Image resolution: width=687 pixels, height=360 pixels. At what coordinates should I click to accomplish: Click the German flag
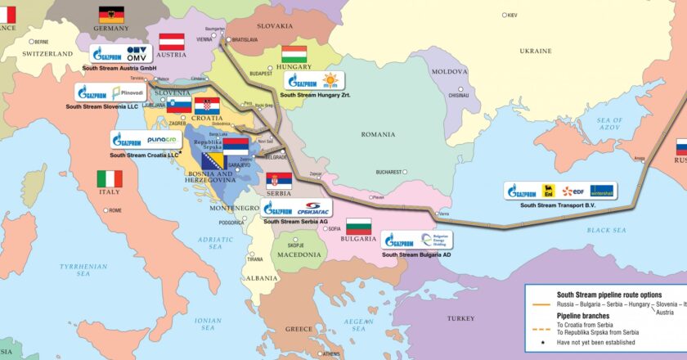tap(112, 14)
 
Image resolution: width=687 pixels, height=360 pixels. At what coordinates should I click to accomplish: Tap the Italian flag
tap(110, 178)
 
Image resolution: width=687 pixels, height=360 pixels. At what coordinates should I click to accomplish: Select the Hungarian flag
tap(294, 54)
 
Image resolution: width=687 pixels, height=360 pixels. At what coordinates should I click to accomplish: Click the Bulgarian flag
tap(358, 227)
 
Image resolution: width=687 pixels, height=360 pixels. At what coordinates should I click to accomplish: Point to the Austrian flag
tap(172, 41)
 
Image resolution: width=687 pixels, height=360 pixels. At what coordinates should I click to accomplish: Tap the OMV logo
tap(137, 53)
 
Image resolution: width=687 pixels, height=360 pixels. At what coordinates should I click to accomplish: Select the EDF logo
tap(573, 191)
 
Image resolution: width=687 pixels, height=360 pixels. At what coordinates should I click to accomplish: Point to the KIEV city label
tap(512, 15)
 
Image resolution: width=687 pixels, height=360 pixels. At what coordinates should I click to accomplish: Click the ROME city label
tap(114, 210)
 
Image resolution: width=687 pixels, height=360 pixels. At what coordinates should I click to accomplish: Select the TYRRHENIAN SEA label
tap(72, 270)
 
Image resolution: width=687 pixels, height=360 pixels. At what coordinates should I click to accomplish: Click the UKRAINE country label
tap(537, 51)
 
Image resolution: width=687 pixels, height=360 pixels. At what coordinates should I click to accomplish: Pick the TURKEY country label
tap(460, 317)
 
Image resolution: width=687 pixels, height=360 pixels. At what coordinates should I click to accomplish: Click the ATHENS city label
tap(330, 353)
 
